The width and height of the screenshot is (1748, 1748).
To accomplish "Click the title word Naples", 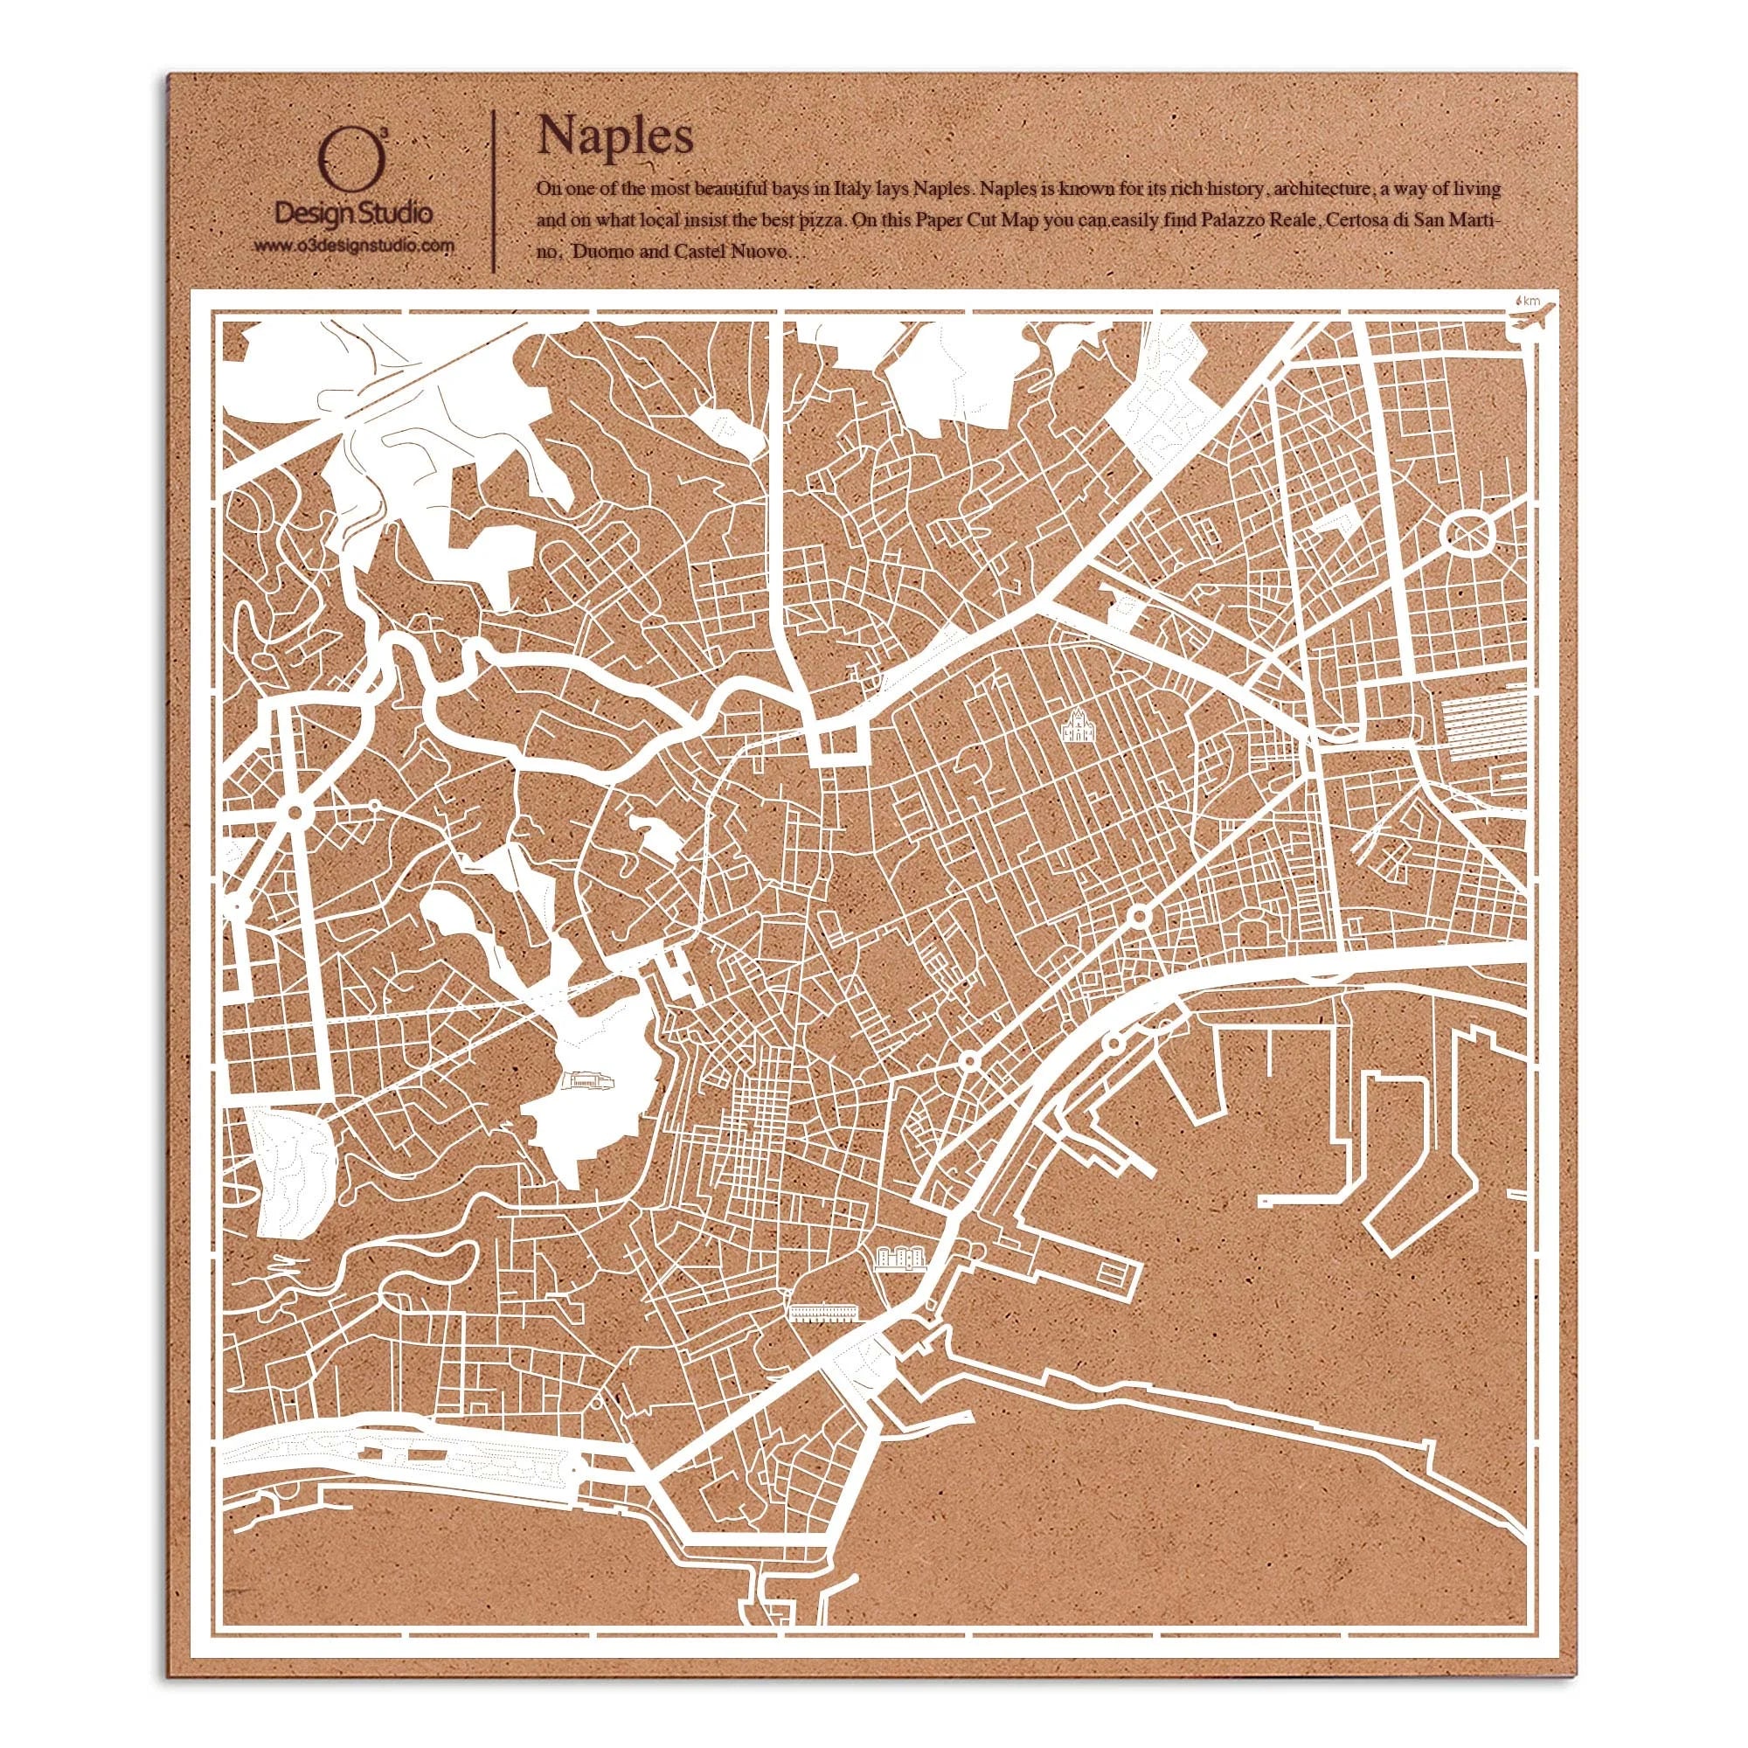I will pyautogui.click(x=615, y=136).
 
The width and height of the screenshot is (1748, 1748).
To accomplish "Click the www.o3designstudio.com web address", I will pyautogui.click(x=354, y=246).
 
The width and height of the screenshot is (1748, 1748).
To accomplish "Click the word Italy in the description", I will pyautogui.click(x=853, y=190).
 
